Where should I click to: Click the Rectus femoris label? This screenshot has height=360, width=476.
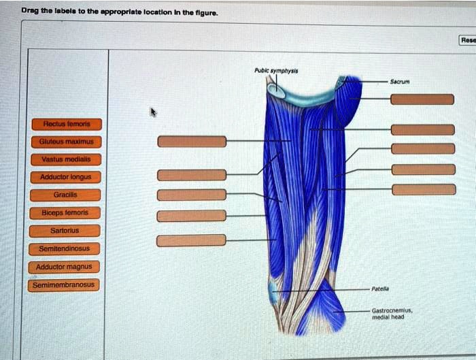tap(66, 125)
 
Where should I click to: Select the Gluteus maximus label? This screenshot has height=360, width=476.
tap(66, 142)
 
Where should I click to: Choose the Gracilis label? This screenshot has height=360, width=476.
tap(66, 195)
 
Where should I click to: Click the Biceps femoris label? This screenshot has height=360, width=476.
tap(66, 212)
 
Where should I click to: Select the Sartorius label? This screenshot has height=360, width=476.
tap(66, 231)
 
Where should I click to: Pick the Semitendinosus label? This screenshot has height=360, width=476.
tap(66, 248)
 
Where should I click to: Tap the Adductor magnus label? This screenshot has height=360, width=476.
tap(66, 267)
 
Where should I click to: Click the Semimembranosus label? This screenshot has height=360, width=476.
tap(65, 284)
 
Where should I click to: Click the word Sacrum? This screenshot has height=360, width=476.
tap(399, 80)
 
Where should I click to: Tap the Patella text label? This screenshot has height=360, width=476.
tap(379, 289)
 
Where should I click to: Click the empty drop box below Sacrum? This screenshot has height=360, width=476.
tap(422, 100)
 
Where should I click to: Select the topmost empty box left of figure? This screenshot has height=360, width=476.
tap(192, 142)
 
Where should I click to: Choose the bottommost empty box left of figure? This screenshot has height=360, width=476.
tap(192, 240)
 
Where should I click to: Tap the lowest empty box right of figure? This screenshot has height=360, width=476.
tap(422, 189)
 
